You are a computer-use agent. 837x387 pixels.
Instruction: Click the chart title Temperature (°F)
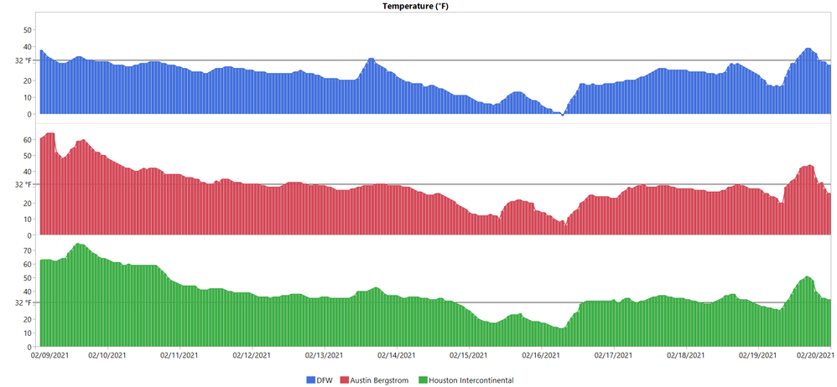coord(418,6)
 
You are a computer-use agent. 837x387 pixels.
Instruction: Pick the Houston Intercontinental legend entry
coord(470,380)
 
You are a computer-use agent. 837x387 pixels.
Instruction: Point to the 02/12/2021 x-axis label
coord(252,355)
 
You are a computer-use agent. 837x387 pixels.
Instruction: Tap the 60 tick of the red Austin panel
coord(27,139)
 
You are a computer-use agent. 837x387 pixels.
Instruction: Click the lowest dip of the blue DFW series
coord(562,114)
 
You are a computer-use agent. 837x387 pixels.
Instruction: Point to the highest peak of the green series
coord(77,244)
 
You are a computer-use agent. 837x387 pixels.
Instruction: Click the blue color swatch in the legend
coord(310,380)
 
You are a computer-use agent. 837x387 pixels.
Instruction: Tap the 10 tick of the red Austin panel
coord(27,219)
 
